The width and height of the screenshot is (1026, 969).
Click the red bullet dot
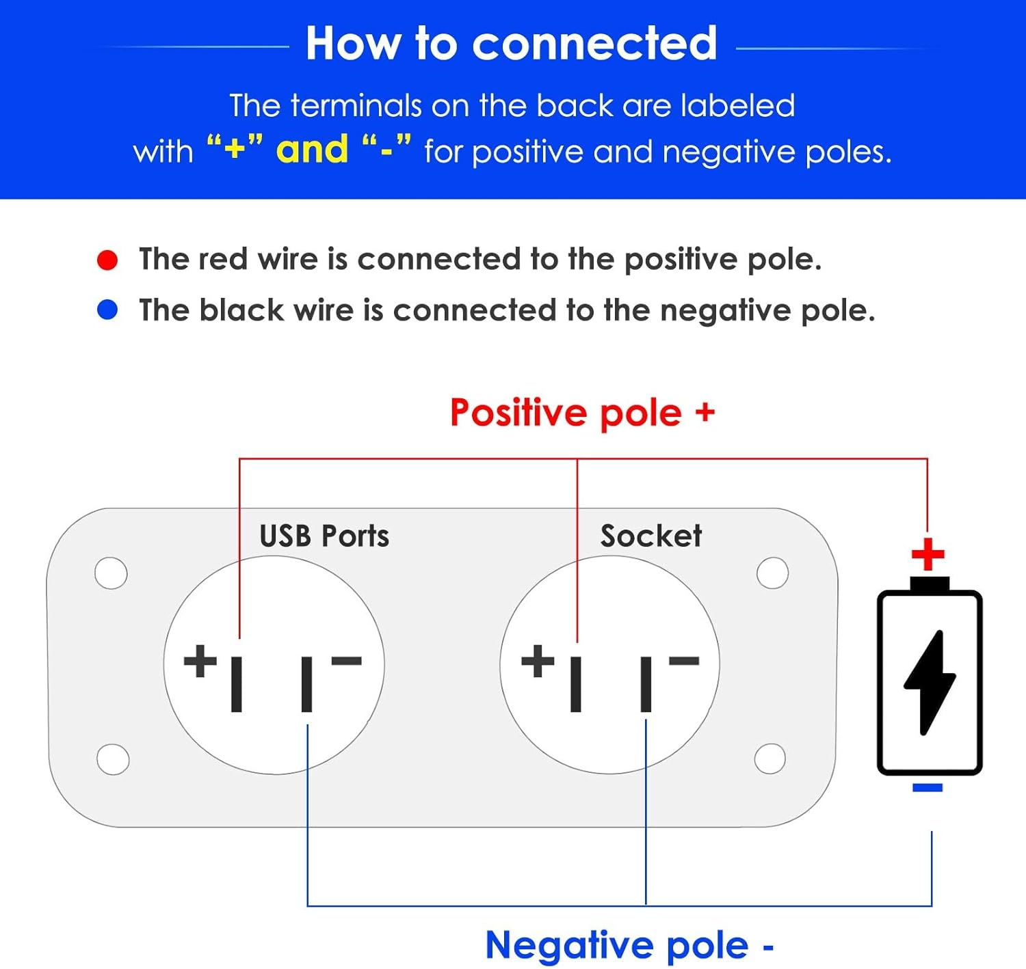pos(107,260)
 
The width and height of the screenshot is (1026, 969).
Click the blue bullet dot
pos(107,310)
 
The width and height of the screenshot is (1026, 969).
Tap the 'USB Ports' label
pos(324,536)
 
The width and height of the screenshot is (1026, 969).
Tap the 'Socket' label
pos(650,536)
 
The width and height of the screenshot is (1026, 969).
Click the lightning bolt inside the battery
pos(930,682)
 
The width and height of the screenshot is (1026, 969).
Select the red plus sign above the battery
pos(928,554)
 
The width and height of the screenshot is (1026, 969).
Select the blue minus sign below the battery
pos(928,788)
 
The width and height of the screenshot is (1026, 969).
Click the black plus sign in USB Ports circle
pos(200,661)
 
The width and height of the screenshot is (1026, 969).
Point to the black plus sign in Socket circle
pos(538,661)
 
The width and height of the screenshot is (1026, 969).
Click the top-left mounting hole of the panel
pos(111,573)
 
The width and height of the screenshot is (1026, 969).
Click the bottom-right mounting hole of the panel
pos(770,759)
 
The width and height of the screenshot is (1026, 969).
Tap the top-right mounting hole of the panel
pos(772,573)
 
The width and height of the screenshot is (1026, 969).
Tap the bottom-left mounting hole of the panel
pos(113,759)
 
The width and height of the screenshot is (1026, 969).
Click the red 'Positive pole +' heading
pos(582,413)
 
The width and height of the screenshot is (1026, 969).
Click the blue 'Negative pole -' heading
pos(629,946)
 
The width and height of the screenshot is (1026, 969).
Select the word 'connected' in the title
pos(594,44)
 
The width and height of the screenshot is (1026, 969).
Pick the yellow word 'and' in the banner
pos(312,150)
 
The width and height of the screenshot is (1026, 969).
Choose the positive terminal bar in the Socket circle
pos(576,683)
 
